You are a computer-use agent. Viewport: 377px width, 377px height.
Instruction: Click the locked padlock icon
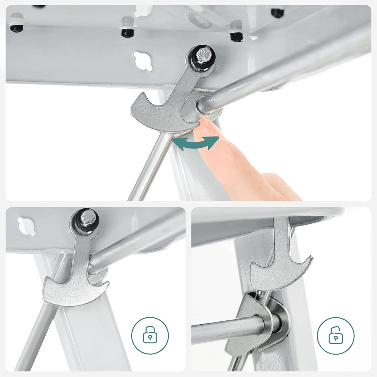tap(150, 335)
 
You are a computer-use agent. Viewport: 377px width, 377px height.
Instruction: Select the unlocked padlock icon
tap(336, 335)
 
